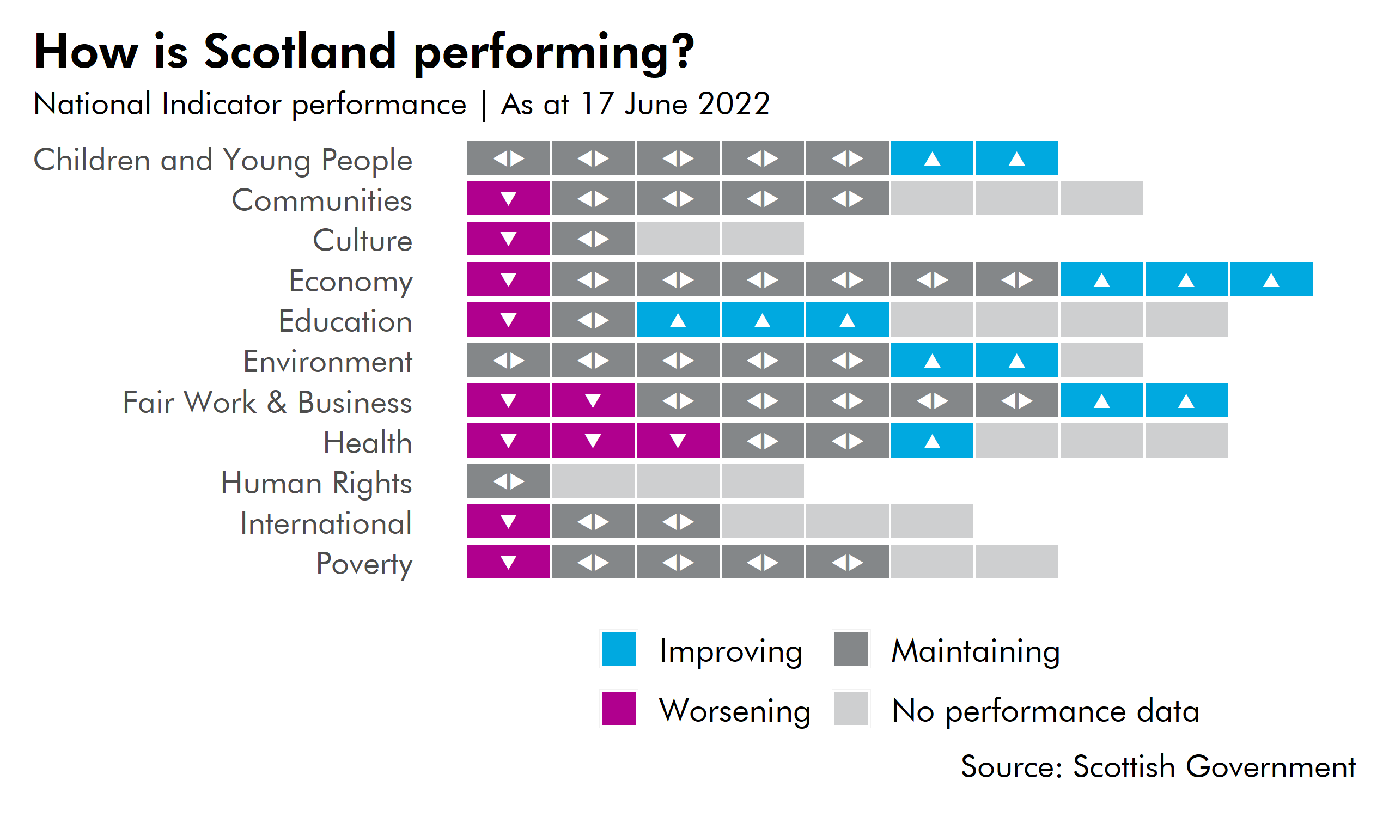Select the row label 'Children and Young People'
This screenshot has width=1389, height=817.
pyautogui.click(x=223, y=161)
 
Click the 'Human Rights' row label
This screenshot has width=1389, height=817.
pyautogui.click(x=316, y=484)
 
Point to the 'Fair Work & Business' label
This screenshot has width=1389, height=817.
pyautogui.click(x=267, y=403)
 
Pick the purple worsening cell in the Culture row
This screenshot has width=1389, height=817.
pyautogui.click(x=508, y=239)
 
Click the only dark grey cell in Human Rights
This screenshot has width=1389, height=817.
pyautogui.click(x=508, y=481)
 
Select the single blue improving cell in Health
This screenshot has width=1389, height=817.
pyautogui.click(x=931, y=441)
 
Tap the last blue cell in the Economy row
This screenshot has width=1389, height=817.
pyautogui.click(x=1270, y=279)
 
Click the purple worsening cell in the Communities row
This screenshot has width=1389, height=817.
pyautogui.click(x=508, y=198)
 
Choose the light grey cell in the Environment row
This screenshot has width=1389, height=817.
pyautogui.click(x=1101, y=360)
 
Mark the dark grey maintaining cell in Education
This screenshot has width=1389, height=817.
pyautogui.click(x=593, y=320)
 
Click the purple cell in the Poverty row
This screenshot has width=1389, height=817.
pyautogui.click(x=508, y=562)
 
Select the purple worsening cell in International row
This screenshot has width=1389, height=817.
pyautogui.click(x=508, y=521)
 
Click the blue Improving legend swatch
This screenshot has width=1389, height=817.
pyautogui.click(x=618, y=649)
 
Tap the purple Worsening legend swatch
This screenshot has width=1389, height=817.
pyautogui.click(x=618, y=709)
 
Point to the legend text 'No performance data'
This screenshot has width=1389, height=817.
pyautogui.click(x=1045, y=711)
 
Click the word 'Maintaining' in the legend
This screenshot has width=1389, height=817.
pyautogui.click(x=976, y=651)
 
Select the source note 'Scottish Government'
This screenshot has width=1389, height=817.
pyautogui.click(x=1214, y=767)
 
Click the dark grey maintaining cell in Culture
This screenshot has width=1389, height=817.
pyautogui.click(x=593, y=239)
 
